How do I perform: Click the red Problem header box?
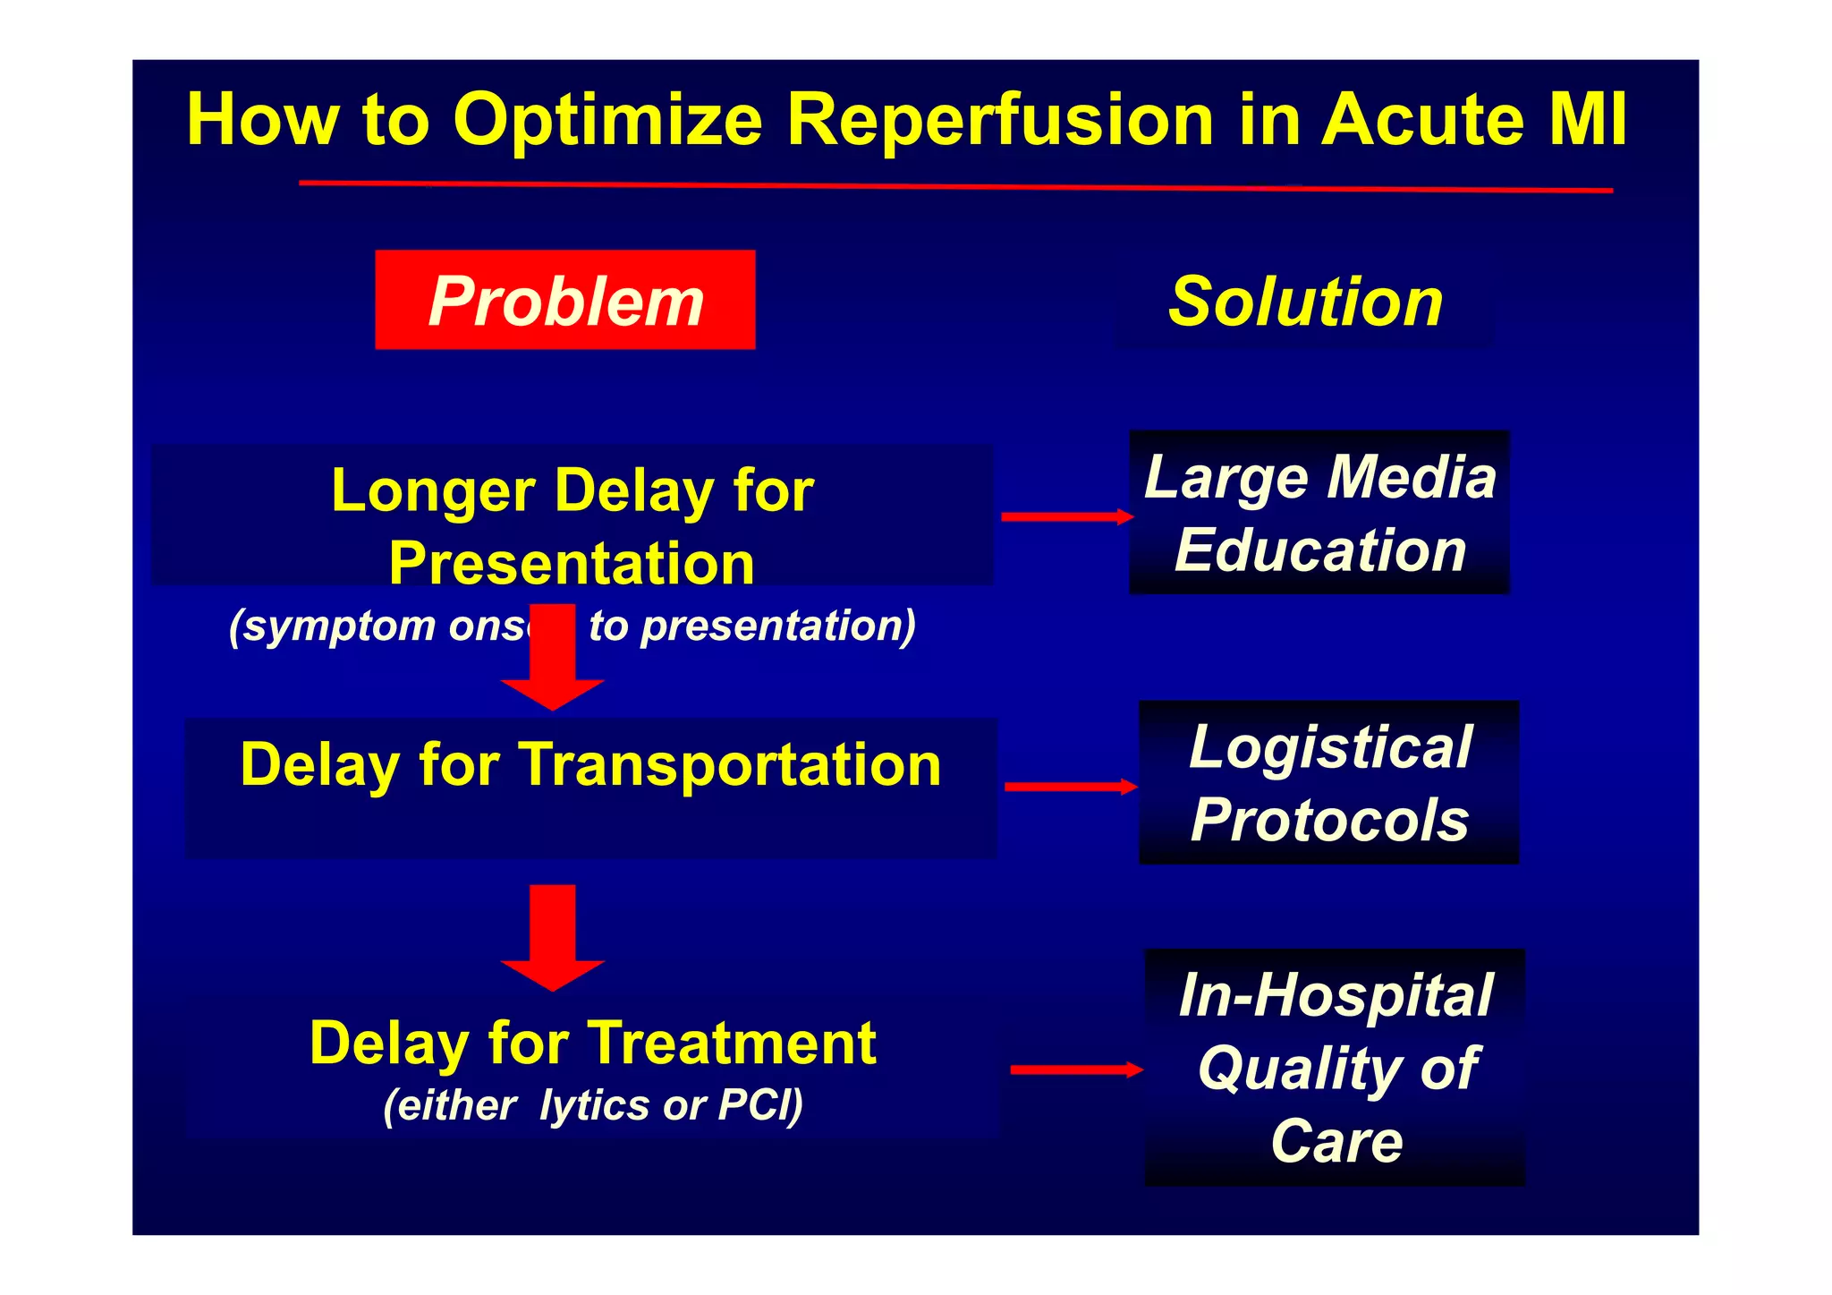pos(564,301)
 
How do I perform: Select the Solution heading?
pos(1305,302)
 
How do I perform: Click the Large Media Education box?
pos(1319,513)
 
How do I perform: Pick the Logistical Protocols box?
pos(1328,783)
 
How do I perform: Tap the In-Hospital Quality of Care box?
pos(1335,1068)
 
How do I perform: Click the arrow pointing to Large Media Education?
pos(1066,516)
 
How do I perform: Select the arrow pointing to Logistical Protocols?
pos(1070,787)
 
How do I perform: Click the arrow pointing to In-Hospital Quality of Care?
pos(1075,1069)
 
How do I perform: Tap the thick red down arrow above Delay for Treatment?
pos(553,938)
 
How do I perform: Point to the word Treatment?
pos(731,1044)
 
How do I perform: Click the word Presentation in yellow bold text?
pos(572,564)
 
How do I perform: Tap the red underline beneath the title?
pos(954,186)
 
